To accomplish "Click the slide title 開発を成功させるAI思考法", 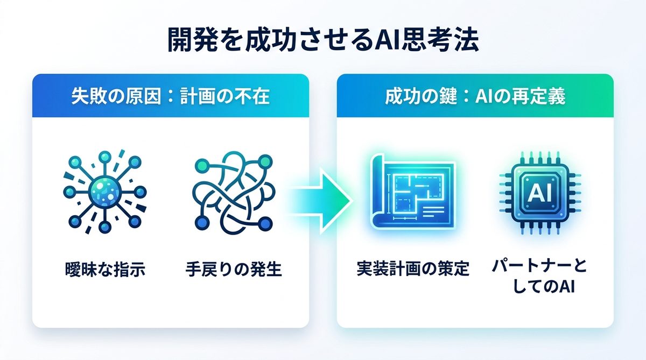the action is click(x=323, y=40).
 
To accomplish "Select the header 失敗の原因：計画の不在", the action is click(x=171, y=96).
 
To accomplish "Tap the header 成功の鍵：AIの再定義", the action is click(x=475, y=96).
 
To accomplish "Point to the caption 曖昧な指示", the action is click(x=105, y=269).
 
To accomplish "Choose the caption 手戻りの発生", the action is click(x=234, y=269).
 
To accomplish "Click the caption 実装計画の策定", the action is click(x=413, y=269).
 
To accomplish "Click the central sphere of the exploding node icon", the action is click(x=104, y=192).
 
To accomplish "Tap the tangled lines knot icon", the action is click(x=234, y=193).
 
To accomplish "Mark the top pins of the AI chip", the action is click(x=539, y=158).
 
